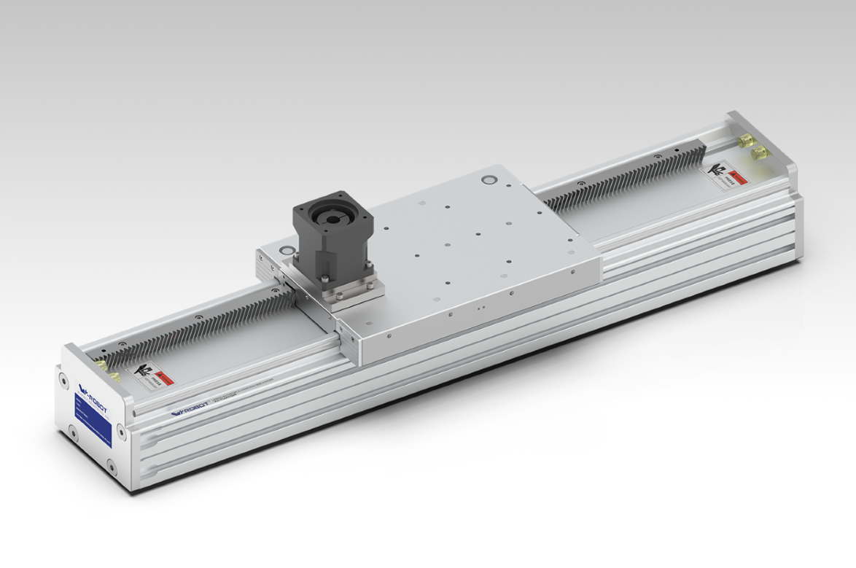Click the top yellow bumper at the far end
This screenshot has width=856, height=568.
(747, 143)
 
